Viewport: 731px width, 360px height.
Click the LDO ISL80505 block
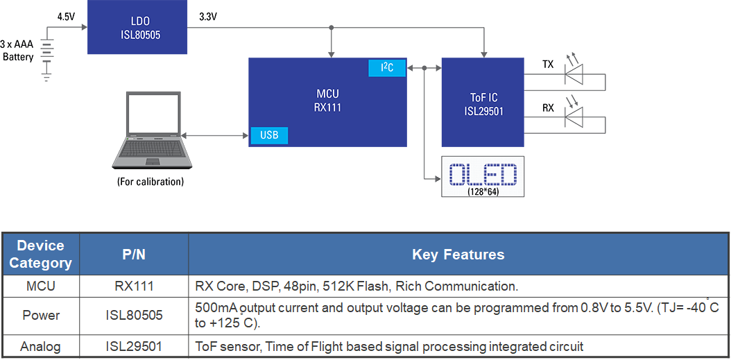(x=137, y=28)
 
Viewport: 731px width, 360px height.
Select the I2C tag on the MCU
(x=386, y=67)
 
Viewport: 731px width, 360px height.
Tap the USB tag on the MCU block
(x=269, y=135)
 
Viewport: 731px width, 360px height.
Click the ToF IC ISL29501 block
(x=483, y=103)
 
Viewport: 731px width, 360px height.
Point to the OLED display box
(x=483, y=176)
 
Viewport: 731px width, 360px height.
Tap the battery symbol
(x=46, y=56)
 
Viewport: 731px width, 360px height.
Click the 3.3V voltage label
(x=208, y=17)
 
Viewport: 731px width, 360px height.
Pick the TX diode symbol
(x=574, y=74)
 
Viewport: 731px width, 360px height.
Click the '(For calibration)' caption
(x=150, y=182)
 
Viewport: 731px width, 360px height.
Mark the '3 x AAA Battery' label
(x=18, y=51)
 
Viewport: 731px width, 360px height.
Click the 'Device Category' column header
(x=40, y=254)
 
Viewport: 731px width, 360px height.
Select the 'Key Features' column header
(x=458, y=254)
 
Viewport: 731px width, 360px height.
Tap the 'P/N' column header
(x=133, y=254)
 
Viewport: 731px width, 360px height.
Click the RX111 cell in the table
(x=133, y=286)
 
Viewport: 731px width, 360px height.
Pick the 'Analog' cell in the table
(x=40, y=346)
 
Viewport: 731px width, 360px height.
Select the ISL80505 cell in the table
(x=133, y=315)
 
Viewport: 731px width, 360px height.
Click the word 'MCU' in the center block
(x=327, y=94)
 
